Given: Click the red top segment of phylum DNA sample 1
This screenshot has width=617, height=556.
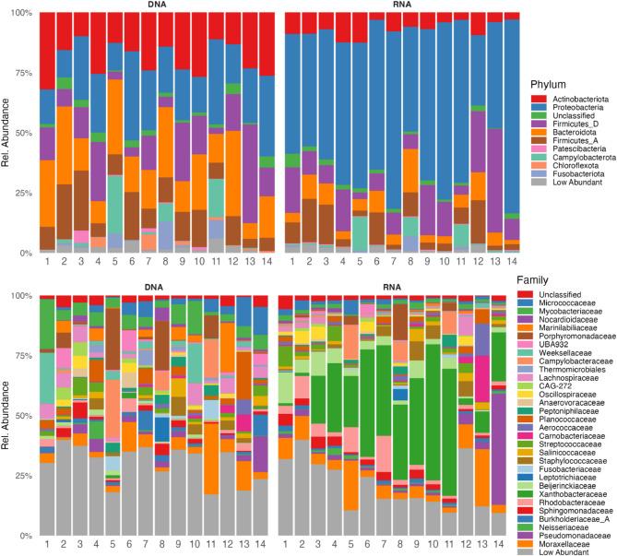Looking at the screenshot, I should pyautogui.click(x=46, y=51).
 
